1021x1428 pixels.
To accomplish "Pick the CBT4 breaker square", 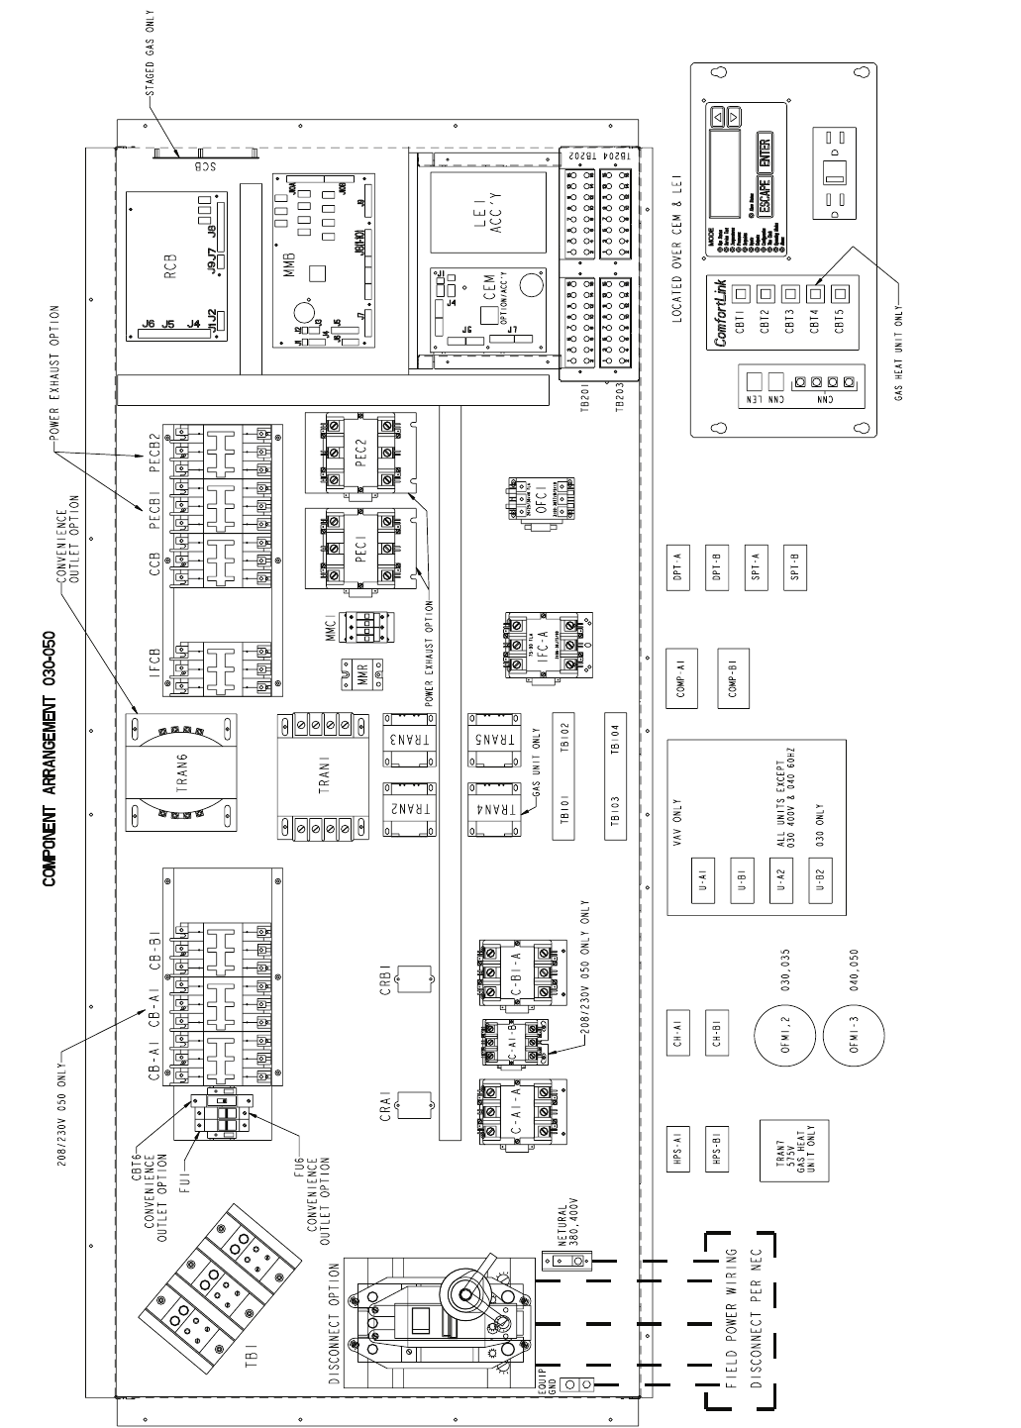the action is pyautogui.click(x=815, y=293).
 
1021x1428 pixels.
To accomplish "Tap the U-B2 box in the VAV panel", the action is pyautogui.click(x=820, y=875).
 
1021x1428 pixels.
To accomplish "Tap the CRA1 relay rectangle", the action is pyautogui.click(x=414, y=1105).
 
